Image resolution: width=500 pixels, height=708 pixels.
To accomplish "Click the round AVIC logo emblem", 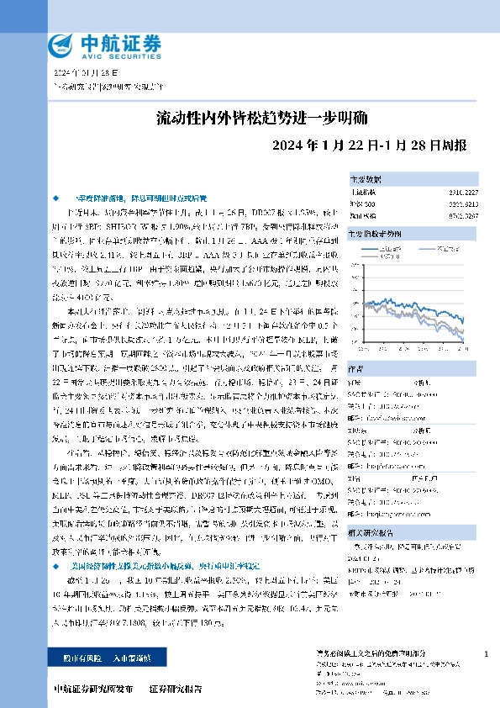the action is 61,44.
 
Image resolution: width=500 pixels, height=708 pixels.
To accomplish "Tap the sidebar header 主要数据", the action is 366,179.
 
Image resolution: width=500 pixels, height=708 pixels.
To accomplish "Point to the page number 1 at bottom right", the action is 486,653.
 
